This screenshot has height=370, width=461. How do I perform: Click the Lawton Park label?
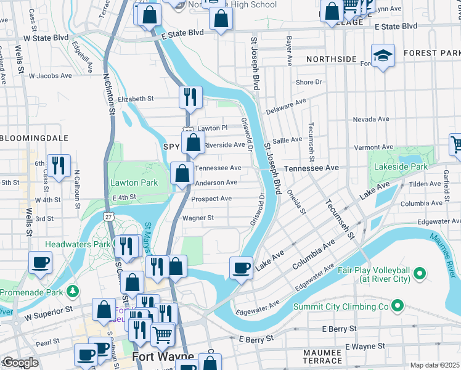pos(134,183)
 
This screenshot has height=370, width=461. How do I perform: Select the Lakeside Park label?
pos(398,166)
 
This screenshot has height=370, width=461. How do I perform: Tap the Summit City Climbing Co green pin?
pos(398,305)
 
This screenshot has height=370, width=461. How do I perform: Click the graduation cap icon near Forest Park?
pos(383,56)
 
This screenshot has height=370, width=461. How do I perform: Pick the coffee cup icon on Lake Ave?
pos(240,268)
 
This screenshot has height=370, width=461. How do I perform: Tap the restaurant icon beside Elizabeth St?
pos(190,96)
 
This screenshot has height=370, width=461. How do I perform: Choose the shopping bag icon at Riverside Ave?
pos(193,142)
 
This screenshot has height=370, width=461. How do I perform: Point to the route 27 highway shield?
pos(108,216)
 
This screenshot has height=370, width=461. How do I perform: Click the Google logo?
pos(20,363)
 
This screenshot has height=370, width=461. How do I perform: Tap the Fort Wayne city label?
pos(163,357)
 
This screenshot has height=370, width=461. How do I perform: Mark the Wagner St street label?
pos(198,218)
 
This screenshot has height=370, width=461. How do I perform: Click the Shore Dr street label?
pos(309,82)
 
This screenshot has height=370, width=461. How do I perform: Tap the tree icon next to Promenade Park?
pos(73,290)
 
